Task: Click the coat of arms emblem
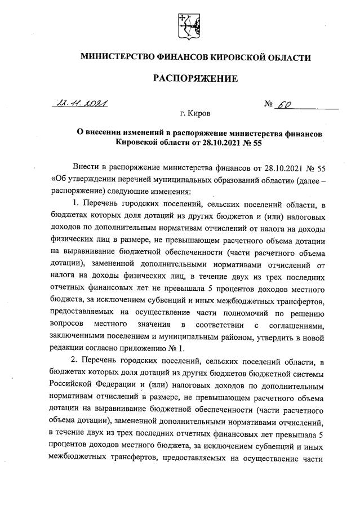(186, 27)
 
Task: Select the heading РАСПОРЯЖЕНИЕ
(195, 78)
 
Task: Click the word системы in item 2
(309, 375)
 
